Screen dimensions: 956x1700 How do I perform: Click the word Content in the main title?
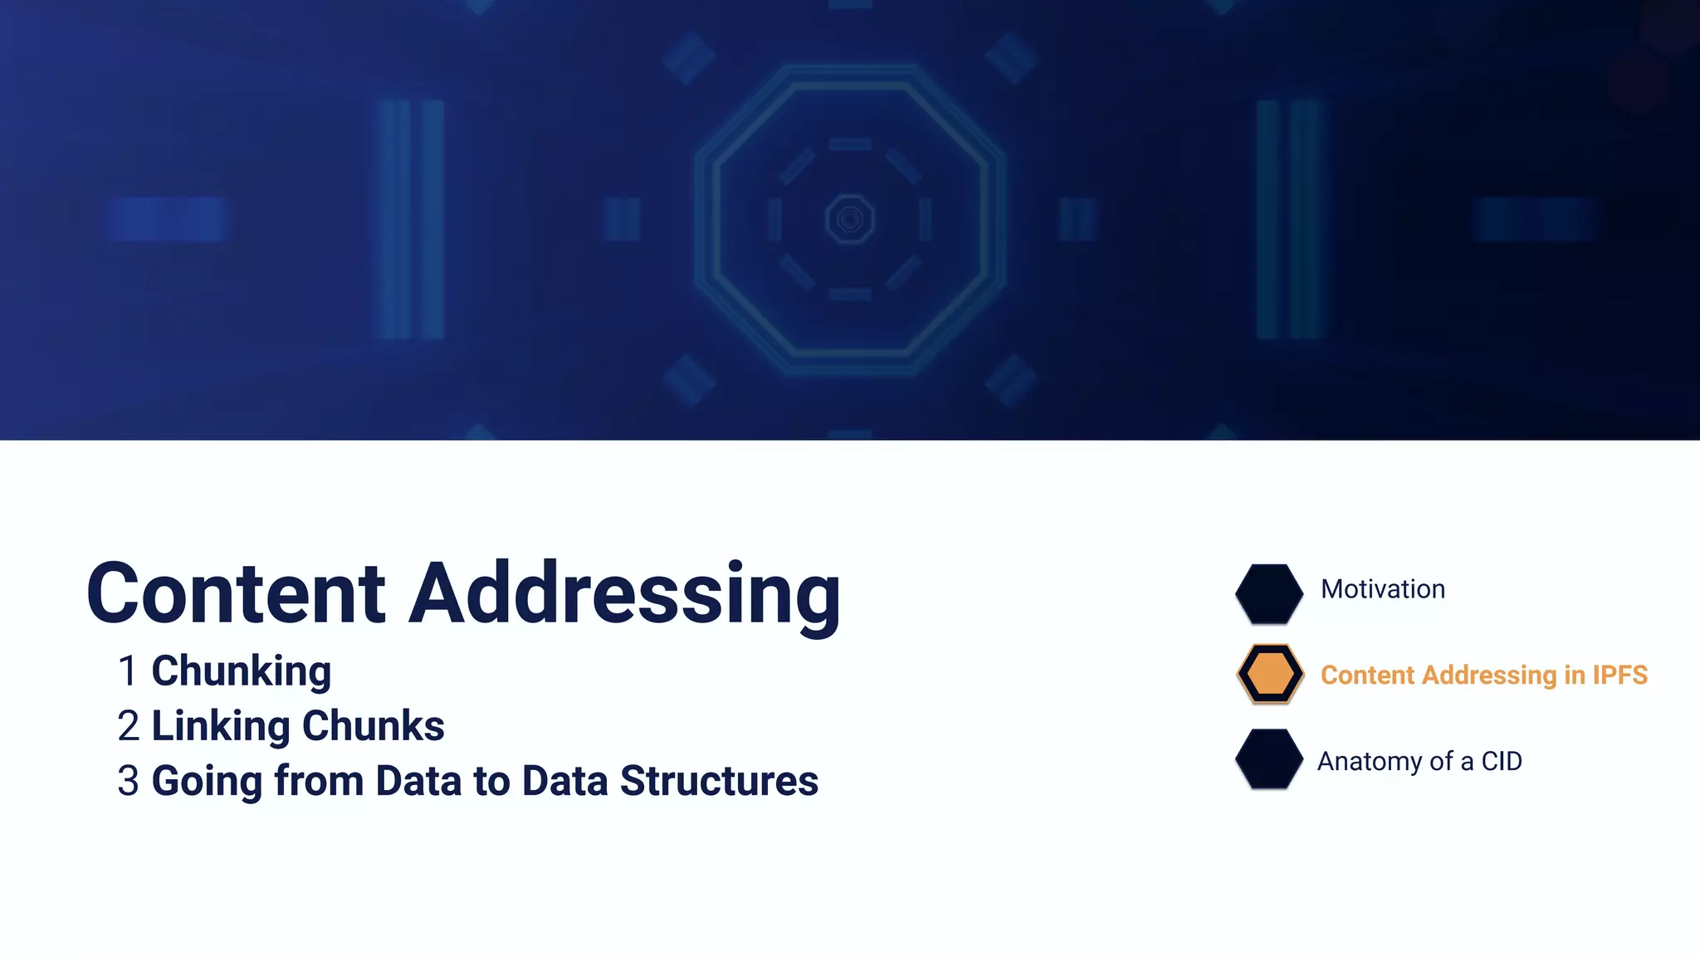(236, 593)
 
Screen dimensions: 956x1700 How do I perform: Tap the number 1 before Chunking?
(127, 671)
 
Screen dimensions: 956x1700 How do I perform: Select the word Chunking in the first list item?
(241, 672)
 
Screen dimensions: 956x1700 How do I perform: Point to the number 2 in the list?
(128, 726)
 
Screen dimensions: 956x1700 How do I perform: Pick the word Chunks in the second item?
(373, 726)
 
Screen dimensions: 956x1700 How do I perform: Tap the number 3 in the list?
(128, 781)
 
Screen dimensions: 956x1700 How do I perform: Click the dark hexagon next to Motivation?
(1268, 593)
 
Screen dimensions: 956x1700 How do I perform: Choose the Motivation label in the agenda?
(1382, 589)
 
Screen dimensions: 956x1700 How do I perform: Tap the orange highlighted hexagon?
(1269, 674)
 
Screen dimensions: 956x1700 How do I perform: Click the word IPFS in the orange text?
(1619, 675)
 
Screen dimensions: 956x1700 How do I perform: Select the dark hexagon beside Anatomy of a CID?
(1268, 758)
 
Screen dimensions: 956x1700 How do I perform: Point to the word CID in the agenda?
(1502, 761)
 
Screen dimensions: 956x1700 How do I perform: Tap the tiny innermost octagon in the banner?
(850, 219)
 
